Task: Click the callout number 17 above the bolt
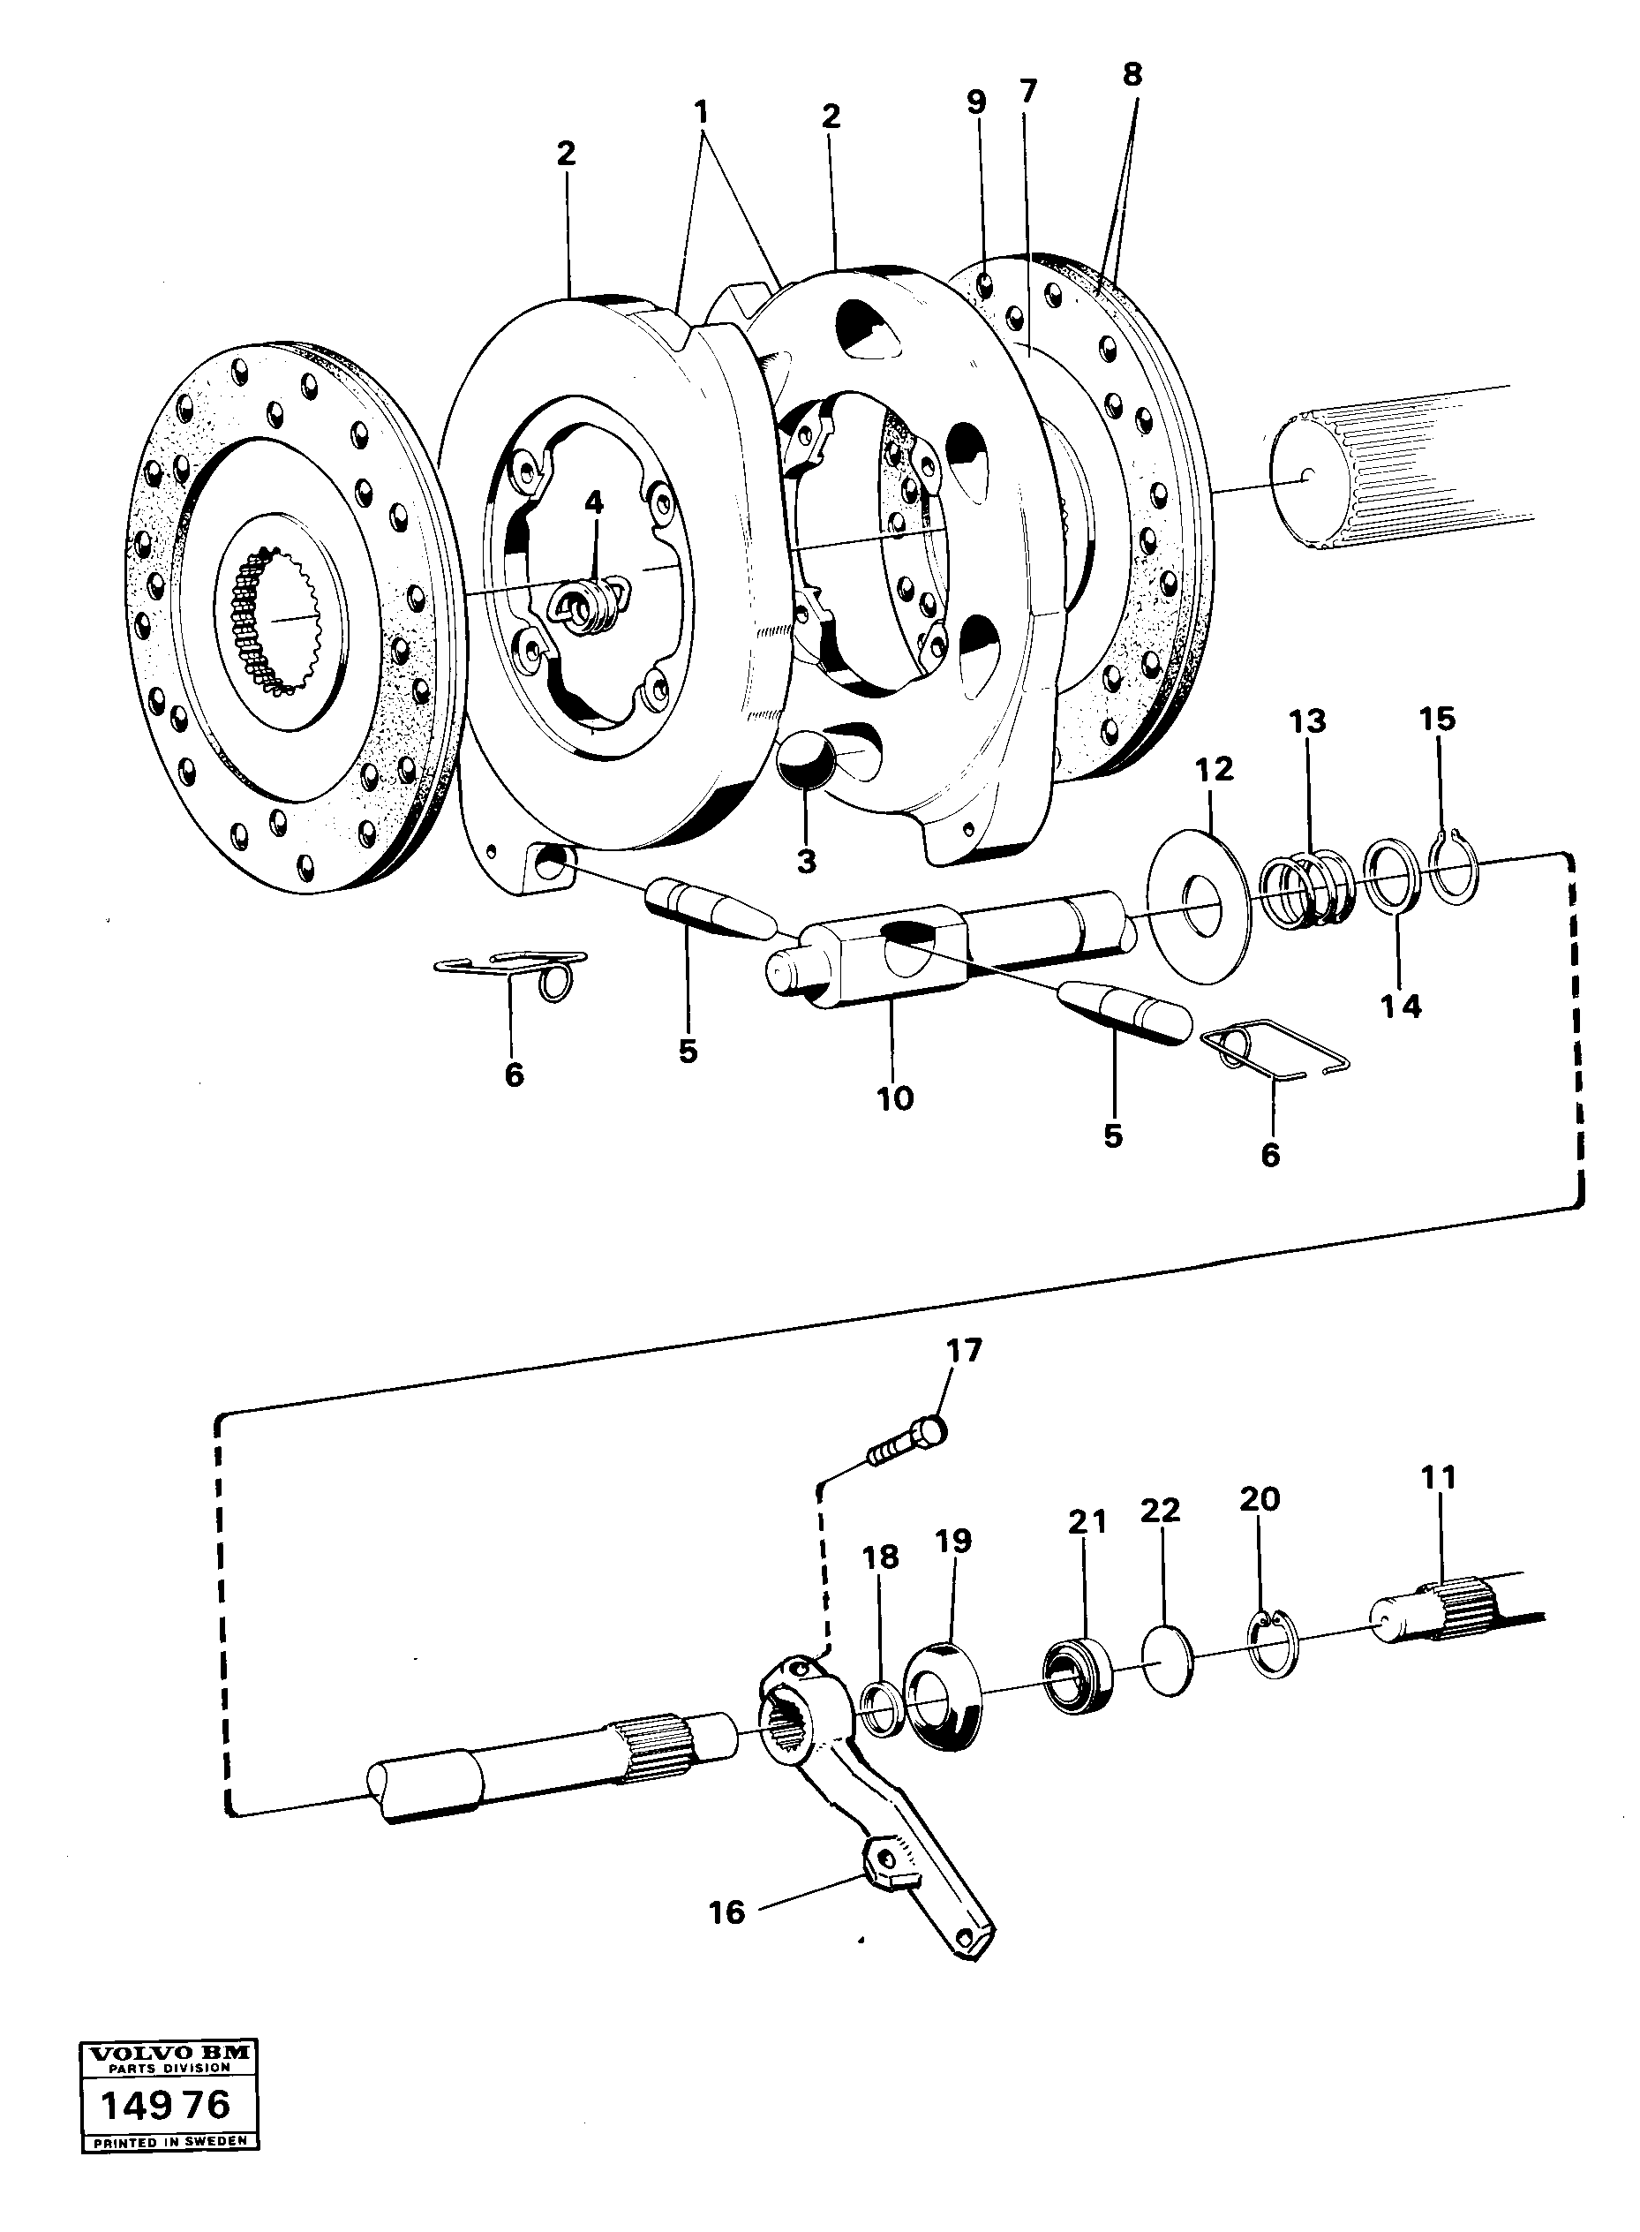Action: pos(963,1350)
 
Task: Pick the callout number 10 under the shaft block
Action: pos(894,1098)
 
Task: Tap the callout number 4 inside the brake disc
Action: pos(594,502)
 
